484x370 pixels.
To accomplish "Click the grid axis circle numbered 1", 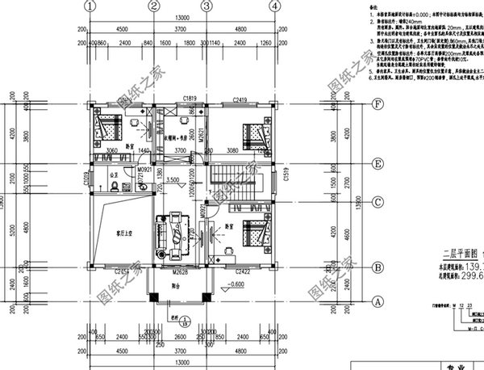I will (x=91, y=6).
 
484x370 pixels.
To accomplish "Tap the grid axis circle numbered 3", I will (x=206, y=6).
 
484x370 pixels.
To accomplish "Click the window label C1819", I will (x=190, y=98).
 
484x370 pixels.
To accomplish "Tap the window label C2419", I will (x=240, y=98).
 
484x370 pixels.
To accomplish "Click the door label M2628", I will (x=181, y=273).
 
